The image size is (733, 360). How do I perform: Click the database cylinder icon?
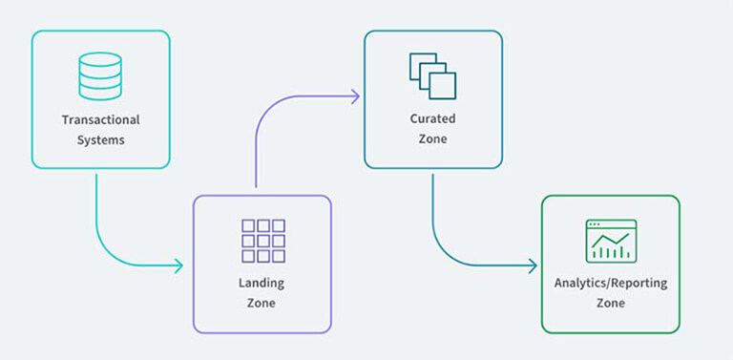(100, 76)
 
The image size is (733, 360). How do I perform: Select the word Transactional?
(100, 120)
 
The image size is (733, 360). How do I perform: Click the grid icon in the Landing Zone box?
(262, 241)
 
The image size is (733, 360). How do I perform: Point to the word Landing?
(262, 284)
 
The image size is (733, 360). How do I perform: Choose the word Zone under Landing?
(262, 303)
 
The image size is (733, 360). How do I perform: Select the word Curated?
(433, 120)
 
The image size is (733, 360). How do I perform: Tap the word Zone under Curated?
(433, 139)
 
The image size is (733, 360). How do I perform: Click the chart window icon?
(611, 241)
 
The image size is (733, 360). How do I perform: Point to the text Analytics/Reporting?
(611, 284)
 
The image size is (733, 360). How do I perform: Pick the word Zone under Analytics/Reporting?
(611, 303)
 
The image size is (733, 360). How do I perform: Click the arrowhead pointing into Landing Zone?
(178, 265)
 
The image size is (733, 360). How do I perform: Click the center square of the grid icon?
(262, 241)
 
